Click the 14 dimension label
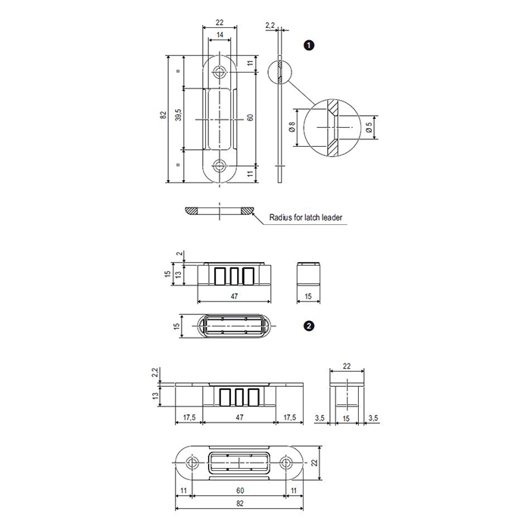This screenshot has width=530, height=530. tap(220, 35)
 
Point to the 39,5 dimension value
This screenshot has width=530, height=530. tap(179, 114)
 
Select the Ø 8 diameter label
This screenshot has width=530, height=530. tap(292, 126)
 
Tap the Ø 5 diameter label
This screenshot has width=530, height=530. tap(369, 126)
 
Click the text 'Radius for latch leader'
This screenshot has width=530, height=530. tap(306, 217)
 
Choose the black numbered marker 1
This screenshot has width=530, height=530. tap(309, 45)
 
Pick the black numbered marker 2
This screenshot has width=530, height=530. tap(309, 326)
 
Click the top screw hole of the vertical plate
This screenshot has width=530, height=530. tap(220, 72)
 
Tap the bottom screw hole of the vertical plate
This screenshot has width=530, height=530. tap(220, 166)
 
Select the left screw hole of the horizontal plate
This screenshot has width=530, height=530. tap(192, 463)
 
